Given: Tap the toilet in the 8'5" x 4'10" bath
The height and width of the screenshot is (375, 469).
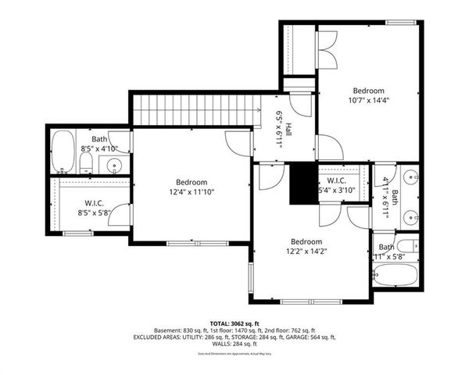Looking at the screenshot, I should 86,162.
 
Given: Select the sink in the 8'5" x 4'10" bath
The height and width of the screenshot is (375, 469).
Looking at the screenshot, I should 116,165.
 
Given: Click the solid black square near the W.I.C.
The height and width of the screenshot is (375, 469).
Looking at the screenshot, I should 301,184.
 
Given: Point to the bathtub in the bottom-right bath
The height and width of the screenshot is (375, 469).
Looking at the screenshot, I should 396,274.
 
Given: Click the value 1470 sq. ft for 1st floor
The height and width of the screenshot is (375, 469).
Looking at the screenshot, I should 245,330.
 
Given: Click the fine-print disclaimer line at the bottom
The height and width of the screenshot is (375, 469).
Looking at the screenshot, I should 234,353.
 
